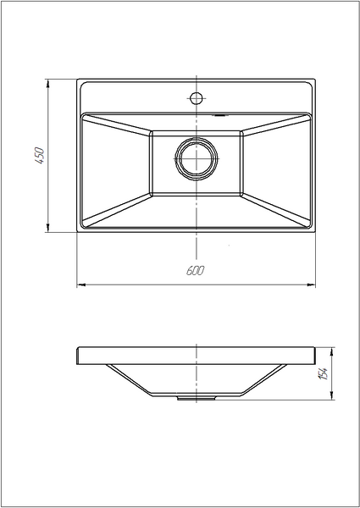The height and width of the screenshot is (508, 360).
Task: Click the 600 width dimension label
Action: tap(196, 271)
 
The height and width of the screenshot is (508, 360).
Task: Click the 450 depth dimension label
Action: tap(40, 156)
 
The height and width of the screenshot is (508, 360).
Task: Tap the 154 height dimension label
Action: tap(324, 373)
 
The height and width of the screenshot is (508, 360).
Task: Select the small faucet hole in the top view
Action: tap(197, 98)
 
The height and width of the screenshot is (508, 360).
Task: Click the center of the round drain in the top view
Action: tap(197, 159)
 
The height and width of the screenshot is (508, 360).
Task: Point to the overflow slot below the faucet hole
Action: tap(220, 114)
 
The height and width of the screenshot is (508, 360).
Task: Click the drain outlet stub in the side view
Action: tap(197, 398)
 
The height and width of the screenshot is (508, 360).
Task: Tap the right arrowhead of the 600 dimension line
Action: tap(311, 285)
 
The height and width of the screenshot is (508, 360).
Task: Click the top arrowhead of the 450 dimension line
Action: tap(48, 83)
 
